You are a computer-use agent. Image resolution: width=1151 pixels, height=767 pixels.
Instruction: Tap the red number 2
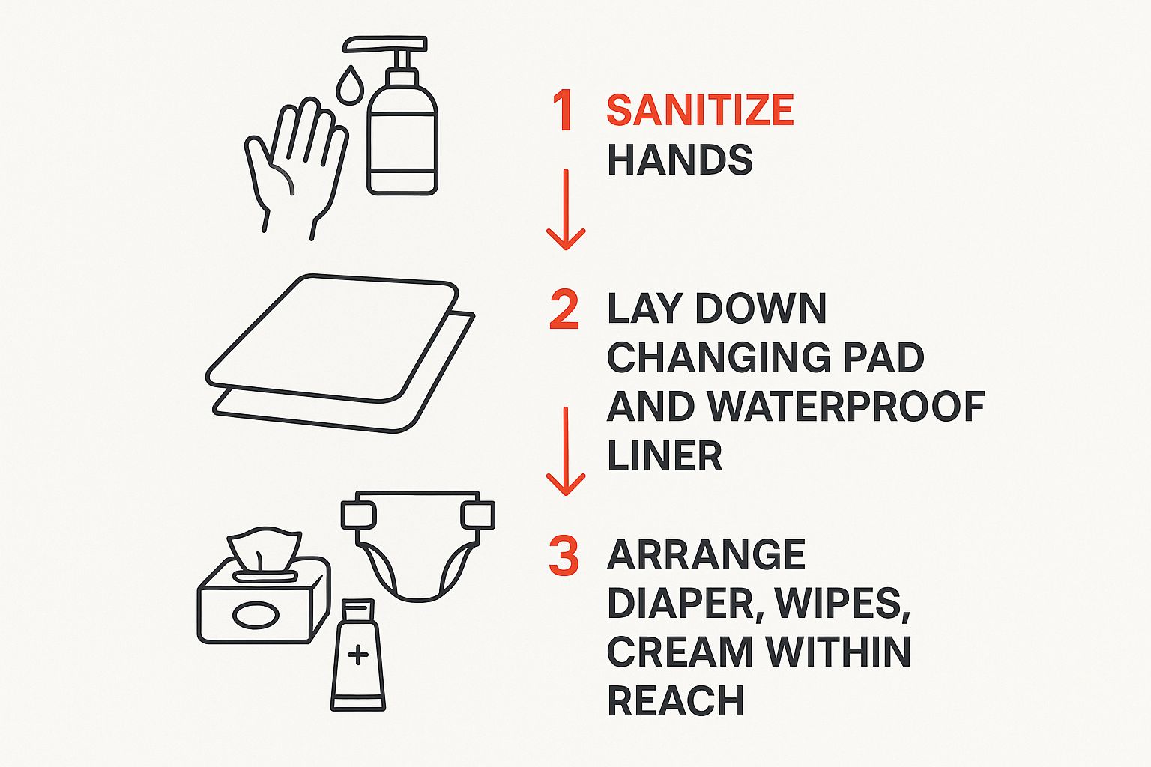coord(564,309)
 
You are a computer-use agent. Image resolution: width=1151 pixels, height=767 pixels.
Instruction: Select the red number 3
coord(564,555)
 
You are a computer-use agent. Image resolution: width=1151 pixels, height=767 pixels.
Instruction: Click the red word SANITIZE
coord(701,110)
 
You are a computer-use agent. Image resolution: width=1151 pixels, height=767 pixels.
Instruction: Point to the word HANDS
coord(680,160)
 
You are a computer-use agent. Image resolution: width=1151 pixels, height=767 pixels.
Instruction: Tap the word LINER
coord(665,455)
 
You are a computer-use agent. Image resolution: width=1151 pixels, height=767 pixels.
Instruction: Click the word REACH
coord(676,700)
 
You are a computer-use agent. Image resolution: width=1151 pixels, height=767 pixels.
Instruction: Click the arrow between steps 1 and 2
coord(566,210)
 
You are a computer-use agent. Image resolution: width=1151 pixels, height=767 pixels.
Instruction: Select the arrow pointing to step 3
coord(566,452)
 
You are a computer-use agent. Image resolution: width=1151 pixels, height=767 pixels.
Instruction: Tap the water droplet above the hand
coord(350,86)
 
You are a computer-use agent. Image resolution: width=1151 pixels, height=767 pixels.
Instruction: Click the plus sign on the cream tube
coord(357,655)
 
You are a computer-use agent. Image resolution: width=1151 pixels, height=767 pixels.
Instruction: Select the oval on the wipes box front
coord(256,614)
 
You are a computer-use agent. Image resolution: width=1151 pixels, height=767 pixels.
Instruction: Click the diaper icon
coord(417,545)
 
